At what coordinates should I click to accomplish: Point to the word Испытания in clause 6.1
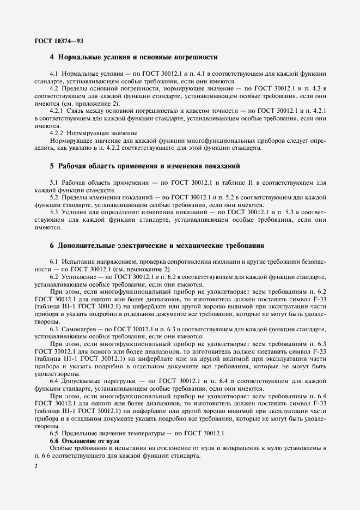click(80, 263)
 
